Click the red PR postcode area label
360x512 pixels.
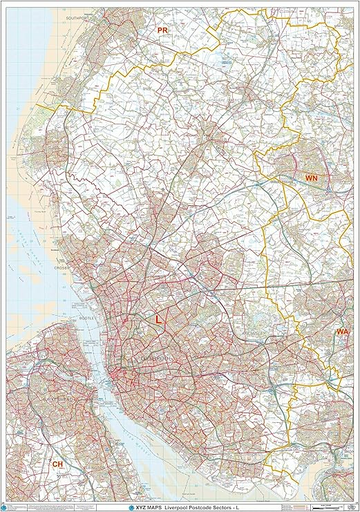pos(162,31)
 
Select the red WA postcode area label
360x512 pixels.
pos(342,332)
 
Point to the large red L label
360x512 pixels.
pos(158,320)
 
